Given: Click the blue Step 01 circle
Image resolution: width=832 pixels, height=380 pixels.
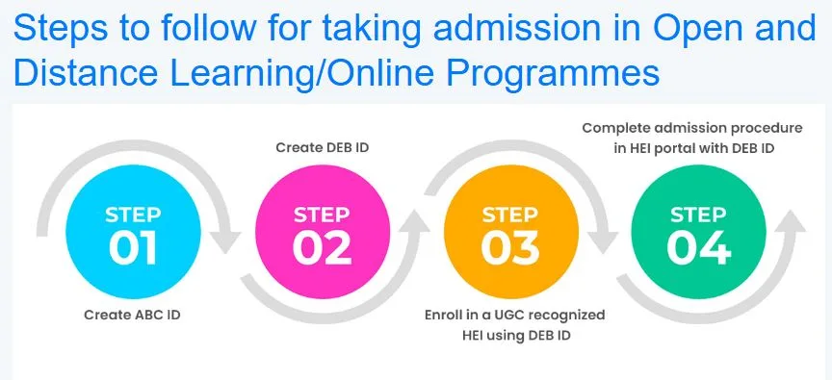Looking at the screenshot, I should pos(133,235).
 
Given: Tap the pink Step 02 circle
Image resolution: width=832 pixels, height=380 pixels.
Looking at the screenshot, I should pos(322,235).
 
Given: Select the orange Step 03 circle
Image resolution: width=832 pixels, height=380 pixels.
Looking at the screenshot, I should pos(509,235).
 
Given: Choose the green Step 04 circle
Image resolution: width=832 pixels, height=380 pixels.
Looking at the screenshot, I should pos(698,235).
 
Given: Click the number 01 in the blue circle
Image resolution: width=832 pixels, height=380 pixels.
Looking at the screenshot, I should pos(133,248).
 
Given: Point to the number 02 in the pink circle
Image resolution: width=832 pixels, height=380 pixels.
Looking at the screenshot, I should pos(322,248).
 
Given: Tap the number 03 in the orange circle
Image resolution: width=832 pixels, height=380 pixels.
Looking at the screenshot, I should pos(509,248).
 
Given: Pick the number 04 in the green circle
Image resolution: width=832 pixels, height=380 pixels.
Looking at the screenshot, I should pos(698,248).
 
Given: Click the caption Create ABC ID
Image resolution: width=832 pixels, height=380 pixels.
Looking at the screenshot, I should pos(132,315).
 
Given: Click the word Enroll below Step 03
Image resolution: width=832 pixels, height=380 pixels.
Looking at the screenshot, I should pos(446,315).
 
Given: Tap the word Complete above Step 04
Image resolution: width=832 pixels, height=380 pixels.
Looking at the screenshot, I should pos(616,127).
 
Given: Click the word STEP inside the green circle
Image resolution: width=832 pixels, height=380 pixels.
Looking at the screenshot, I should pos(698,214).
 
